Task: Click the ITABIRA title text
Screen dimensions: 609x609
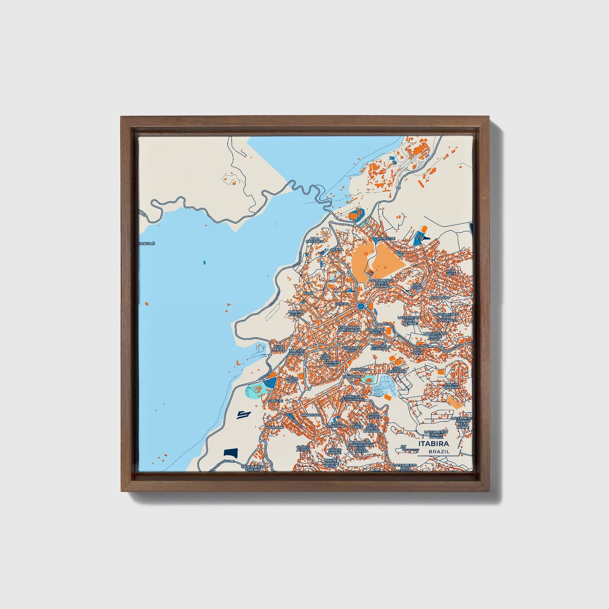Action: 433,444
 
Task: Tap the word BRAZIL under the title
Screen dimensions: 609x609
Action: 439,451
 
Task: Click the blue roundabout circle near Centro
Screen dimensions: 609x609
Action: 361,306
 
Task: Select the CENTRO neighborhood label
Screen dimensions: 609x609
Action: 342,304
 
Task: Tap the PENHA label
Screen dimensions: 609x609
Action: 337,250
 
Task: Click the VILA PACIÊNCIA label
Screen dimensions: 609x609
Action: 317,240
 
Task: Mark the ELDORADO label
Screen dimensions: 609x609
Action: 440,298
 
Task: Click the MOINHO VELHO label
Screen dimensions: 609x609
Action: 295,314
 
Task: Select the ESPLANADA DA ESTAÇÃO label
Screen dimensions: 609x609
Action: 349,328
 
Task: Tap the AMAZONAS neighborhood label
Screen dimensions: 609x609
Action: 311,415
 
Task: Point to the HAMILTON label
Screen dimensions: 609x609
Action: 274,427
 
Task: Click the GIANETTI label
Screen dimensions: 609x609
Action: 276,401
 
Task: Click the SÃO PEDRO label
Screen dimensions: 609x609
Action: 417,287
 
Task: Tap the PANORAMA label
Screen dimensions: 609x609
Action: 353,376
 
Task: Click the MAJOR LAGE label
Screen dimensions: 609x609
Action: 292,380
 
